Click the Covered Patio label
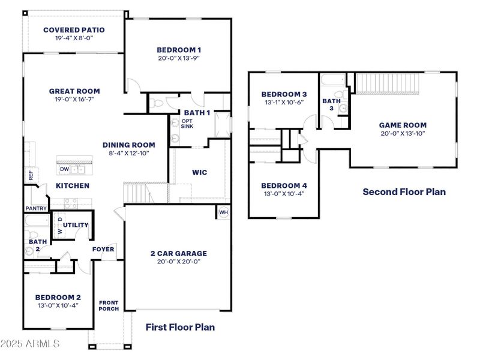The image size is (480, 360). tap(74, 29)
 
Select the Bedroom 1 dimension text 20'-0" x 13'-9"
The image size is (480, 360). tap(179, 59)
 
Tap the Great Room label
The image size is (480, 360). tap(74, 91)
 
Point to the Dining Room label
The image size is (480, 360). tap(128, 145)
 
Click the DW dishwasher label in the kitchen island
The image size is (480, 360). tap(64, 169)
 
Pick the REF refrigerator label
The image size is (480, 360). tap(31, 175)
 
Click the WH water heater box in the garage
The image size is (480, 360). tap(223, 212)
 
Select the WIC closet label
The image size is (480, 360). tap(200, 173)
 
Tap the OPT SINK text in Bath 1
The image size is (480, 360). tap(187, 124)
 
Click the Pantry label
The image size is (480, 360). tap(36, 208)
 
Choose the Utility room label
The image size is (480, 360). tap(76, 225)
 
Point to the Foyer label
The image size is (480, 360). tap(103, 249)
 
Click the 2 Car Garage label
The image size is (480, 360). tap(178, 253)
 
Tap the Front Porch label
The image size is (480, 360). tap(109, 305)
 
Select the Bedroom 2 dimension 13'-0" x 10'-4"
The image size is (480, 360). tap(58, 305)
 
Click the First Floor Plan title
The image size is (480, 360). tap(180, 327)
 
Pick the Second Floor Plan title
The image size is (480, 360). tap(404, 192)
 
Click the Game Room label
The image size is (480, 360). tap(403, 125)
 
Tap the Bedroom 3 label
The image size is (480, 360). tap(284, 94)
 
